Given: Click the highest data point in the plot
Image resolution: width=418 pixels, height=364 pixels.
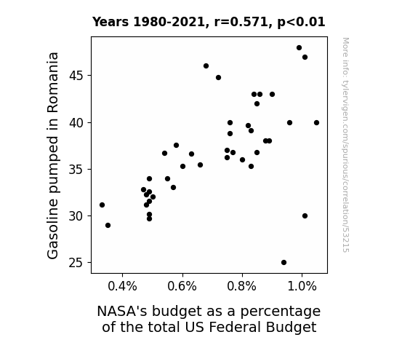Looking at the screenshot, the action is point(299,48).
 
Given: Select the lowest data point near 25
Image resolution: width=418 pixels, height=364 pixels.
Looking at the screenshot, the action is point(284,263).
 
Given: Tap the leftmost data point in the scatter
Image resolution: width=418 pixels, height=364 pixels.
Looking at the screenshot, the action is point(102,205).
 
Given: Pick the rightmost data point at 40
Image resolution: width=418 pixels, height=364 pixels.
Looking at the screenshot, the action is point(316,123).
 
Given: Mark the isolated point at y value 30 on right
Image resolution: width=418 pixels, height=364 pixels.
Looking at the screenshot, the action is point(305,215).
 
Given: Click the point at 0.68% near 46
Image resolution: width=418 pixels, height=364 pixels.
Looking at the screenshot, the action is point(206,66).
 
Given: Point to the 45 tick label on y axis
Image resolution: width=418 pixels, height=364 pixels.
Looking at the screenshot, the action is point(76,76).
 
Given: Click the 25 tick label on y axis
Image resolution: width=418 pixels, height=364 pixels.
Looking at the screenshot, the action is point(76,263).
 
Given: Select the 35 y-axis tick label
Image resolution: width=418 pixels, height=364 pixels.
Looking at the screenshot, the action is point(76,170).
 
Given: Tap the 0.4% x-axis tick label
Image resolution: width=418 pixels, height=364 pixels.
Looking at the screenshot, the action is point(122,286).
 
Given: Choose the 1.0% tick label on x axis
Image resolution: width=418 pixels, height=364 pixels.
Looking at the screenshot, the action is point(302,286).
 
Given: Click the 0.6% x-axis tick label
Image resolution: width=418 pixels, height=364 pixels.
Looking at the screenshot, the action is point(182,286).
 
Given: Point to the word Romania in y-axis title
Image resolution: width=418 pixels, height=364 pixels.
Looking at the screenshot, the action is point(52,82).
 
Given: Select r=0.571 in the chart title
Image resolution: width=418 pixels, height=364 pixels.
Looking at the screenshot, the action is point(241,22).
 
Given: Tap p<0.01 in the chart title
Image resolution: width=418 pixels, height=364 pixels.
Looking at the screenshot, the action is point(301,23).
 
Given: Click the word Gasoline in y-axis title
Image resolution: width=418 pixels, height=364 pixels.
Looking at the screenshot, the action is point(52,230).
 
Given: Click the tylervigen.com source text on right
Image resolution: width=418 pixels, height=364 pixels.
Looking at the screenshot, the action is point(345,144).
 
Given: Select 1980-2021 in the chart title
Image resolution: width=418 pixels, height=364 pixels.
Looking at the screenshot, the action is point(169,22).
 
